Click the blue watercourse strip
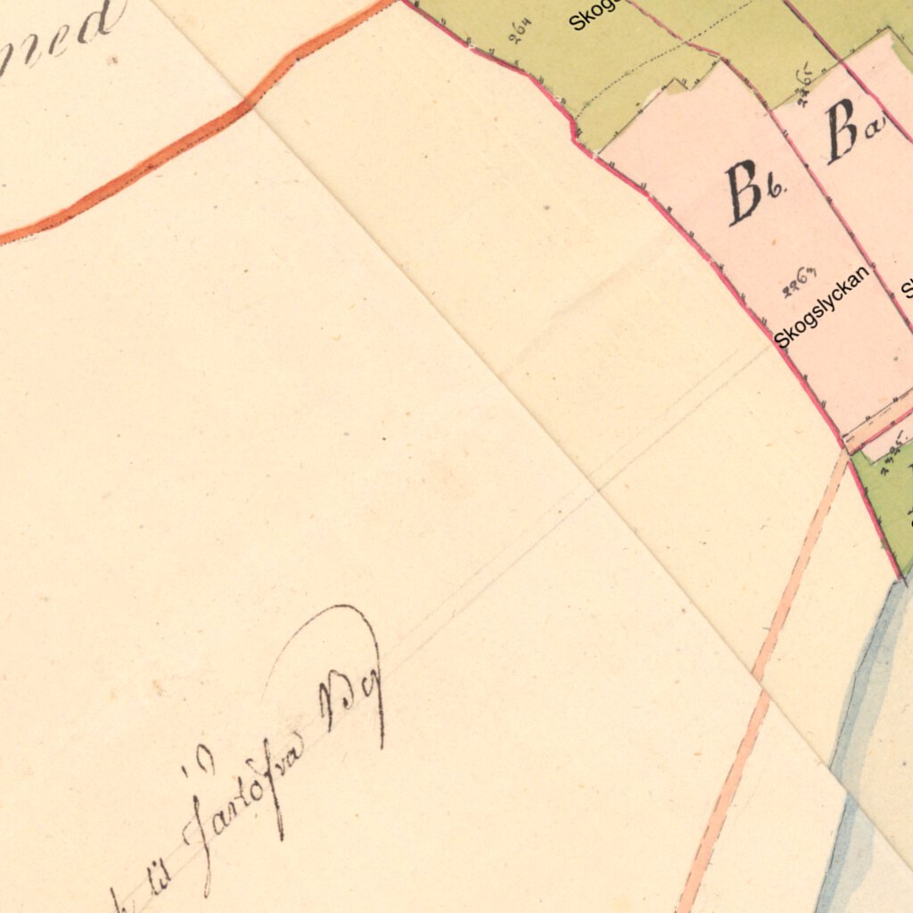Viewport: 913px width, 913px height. [x=860, y=713]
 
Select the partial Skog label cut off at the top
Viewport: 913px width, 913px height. [x=593, y=15]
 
